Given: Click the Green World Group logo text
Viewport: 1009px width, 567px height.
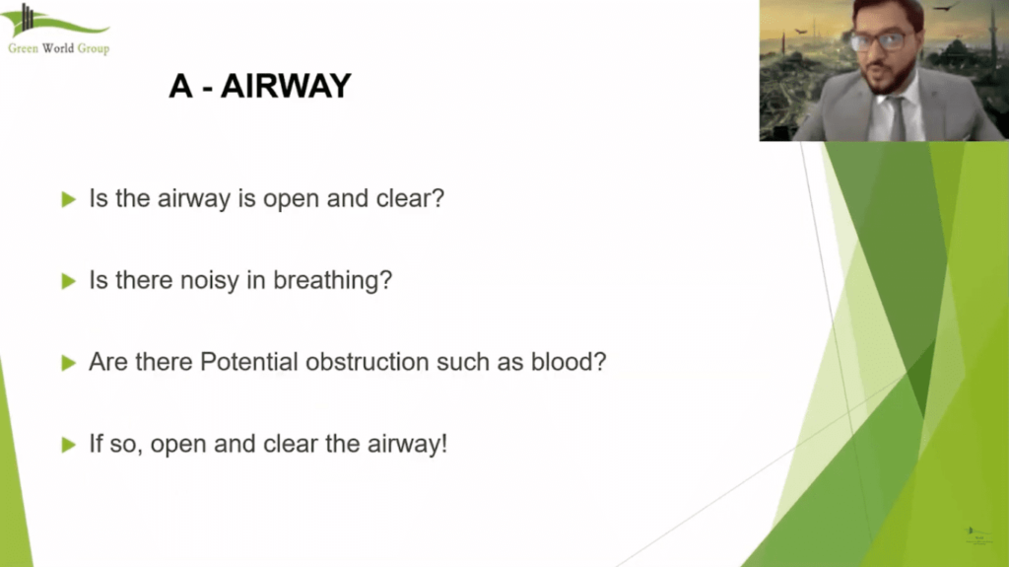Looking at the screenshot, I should tap(58, 48).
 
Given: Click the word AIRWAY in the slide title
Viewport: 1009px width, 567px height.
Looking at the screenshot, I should tap(286, 87).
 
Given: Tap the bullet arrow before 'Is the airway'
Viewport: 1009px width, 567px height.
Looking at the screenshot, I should tap(68, 199).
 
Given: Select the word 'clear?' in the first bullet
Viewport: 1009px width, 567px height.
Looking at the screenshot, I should tap(412, 198).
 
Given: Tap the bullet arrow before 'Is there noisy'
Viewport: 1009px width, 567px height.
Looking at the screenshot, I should tap(68, 281).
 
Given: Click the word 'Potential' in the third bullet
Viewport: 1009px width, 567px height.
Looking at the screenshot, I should tap(249, 362).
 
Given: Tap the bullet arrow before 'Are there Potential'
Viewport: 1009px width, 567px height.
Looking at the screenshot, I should tap(68, 363).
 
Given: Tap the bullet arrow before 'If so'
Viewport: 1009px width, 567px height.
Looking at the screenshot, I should tap(68, 445).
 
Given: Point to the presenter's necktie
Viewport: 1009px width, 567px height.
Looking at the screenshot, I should tap(898, 117).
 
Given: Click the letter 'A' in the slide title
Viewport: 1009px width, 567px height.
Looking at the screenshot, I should tap(179, 87).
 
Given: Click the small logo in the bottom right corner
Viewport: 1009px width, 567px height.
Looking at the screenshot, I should tap(974, 533).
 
